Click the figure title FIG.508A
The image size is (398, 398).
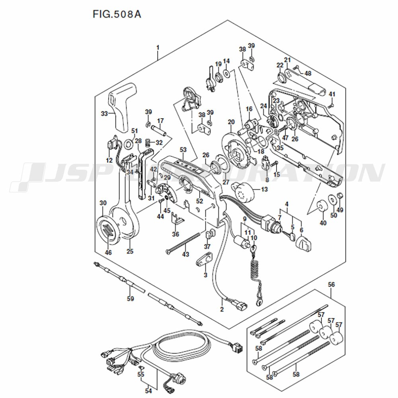click(x=117, y=14)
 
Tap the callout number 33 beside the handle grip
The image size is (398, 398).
click(x=104, y=113)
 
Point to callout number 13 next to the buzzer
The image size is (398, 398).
click(x=264, y=189)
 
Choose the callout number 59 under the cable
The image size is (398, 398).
click(x=130, y=298)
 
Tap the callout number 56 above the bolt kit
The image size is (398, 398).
click(x=331, y=285)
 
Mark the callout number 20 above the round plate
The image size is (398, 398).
click(x=231, y=122)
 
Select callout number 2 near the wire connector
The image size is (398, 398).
click(x=222, y=309)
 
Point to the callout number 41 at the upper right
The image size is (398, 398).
click(x=332, y=94)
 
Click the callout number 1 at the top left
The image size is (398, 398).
click(x=158, y=48)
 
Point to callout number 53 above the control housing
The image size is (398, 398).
click(x=183, y=150)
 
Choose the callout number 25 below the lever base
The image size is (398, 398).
click(x=130, y=251)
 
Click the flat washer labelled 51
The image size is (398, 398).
click(x=129, y=144)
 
